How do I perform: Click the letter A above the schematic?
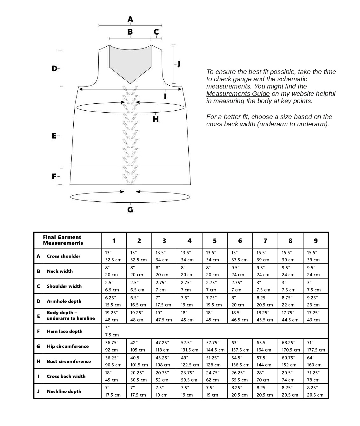coord(130,19)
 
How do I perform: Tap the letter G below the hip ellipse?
coord(130,210)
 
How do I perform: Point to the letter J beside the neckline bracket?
coord(179,64)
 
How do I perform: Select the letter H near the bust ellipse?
coord(156,119)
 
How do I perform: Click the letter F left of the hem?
coord(54,176)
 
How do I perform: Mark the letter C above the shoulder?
coord(156,32)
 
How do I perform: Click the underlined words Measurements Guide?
coord(238,94)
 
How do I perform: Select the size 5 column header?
coord(215,241)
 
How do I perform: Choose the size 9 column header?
coord(316,241)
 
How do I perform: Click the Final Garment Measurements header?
coord(63,240)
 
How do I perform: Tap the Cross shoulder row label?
coord(63,256)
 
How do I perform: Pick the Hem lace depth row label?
coord(64,331)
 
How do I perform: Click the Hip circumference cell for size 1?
coord(113,346)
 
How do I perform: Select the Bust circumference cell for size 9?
coord(315,361)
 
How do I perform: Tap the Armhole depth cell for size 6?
coord(240,301)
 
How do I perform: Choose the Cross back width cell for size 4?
coord(189,376)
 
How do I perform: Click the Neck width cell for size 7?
coord(265,271)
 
